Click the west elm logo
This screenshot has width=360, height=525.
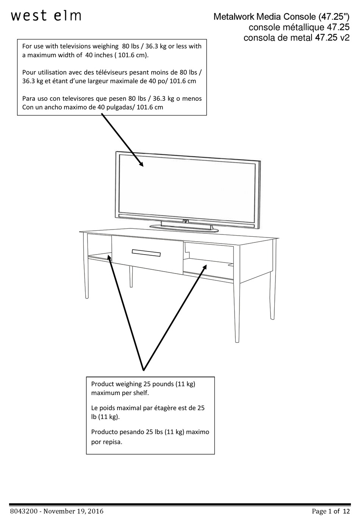46,16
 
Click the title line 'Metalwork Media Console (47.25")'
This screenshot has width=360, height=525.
281,17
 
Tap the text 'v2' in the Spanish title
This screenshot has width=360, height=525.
344,38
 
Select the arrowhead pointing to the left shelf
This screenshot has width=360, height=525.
110,258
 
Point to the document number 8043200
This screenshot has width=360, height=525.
23,511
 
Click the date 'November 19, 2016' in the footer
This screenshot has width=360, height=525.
74,511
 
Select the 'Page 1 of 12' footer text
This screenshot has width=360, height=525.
330,511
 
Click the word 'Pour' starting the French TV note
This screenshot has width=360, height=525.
29,72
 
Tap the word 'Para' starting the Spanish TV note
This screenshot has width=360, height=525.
29,98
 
